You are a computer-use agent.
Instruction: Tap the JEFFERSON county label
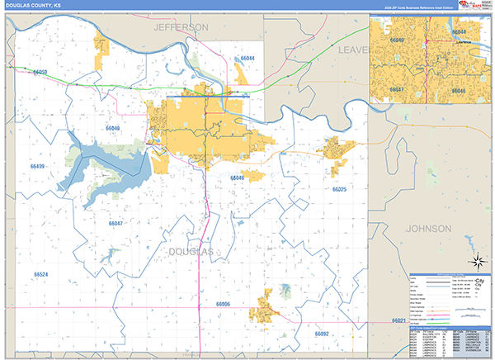click(181, 27)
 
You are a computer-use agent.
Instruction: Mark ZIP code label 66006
click(223, 304)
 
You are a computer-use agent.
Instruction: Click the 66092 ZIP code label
click(321, 334)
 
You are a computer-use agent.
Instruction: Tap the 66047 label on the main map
click(115, 223)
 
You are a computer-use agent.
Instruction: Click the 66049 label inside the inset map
click(397, 39)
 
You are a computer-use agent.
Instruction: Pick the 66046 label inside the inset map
click(459, 90)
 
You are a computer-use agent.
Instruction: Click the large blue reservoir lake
click(91, 157)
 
